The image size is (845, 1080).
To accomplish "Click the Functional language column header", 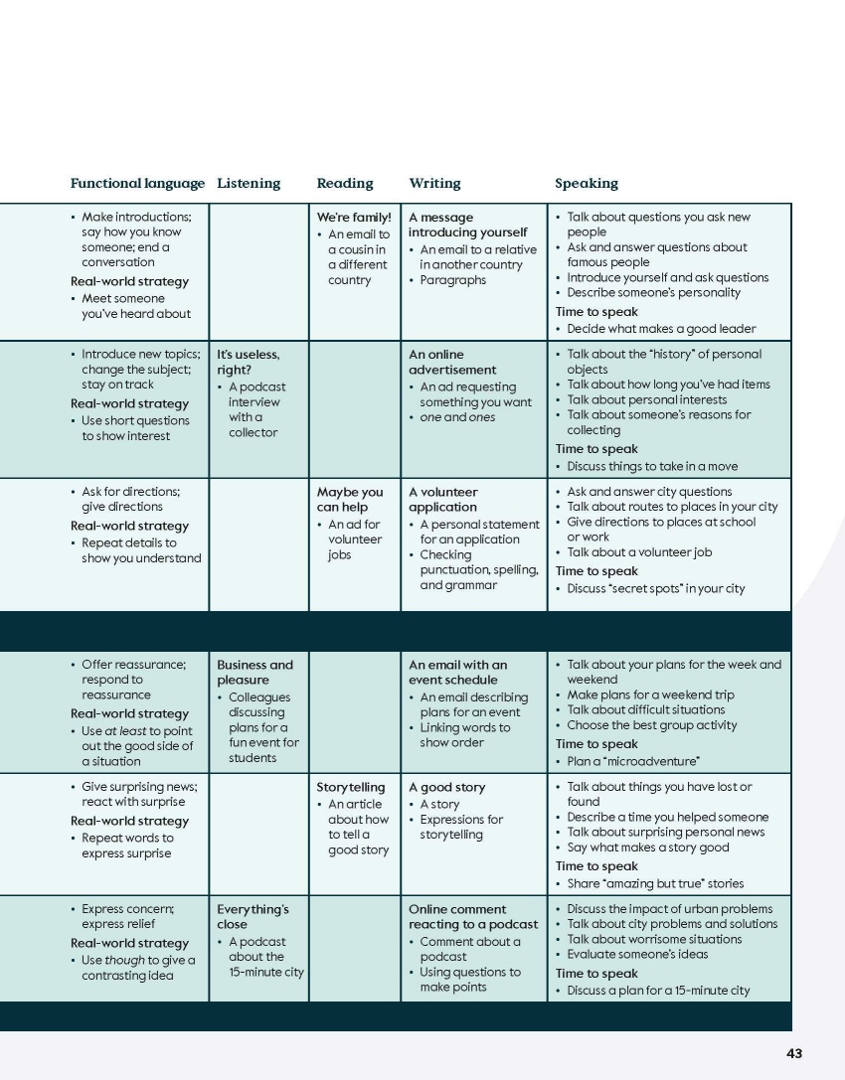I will [x=137, y=183].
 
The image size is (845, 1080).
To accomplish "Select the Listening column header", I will [x=249, y=183].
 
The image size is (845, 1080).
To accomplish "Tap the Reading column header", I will [x=345, y=183].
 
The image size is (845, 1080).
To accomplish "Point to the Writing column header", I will [x=434, y=183].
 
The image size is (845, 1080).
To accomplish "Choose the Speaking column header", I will [x=587, y=183].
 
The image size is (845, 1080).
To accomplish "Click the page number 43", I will [x=793, y=1053].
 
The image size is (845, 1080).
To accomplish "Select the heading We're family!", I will [x=354, y=217].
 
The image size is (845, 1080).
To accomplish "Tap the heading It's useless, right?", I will [x=249, y=362].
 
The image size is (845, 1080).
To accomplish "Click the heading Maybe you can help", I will [x=350, y=499].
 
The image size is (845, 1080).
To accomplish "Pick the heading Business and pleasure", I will [x=255, y=673].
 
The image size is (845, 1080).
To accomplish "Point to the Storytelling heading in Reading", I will [x=351, y=787].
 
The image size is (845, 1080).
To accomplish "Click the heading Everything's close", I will [x=253, y=917].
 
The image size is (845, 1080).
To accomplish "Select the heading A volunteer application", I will [x=443, y=499].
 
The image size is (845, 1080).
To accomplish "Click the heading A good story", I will [x=447, y=787].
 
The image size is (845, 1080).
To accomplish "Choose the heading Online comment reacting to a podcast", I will [x=473, y=917].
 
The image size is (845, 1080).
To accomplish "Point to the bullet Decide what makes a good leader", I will [x=661, y=329].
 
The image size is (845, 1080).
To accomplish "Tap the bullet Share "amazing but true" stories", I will [x=655, y=883].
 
